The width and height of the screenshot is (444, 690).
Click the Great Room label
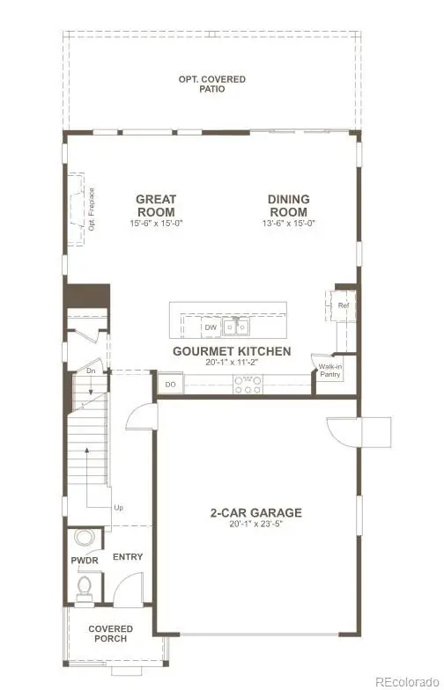click(x=155, y=205)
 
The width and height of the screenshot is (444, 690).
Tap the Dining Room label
click(x=288, y=205)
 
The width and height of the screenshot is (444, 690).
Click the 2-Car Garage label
click(x=255, y=512)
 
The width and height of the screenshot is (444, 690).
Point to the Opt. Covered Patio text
click(x=212, y=84)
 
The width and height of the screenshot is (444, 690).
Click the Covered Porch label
click(x=110, y=633)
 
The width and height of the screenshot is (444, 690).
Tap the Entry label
click(x=128, y=557)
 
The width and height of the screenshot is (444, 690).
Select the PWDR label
click(x=84, y=560)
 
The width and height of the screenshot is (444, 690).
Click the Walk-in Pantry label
click(x=330, y=370)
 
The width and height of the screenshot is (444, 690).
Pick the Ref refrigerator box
click(x=344, y=305)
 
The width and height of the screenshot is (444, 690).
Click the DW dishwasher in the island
click(x=211, y=327)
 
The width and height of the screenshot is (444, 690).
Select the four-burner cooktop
click(x=247, y=383)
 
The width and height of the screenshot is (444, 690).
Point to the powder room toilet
click(x=85, y=585)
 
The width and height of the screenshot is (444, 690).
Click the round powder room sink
click(x=85, y=539)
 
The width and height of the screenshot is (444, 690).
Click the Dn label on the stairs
click(x=91, y=371)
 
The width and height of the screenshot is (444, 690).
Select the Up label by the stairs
click(x=117, y=508)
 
